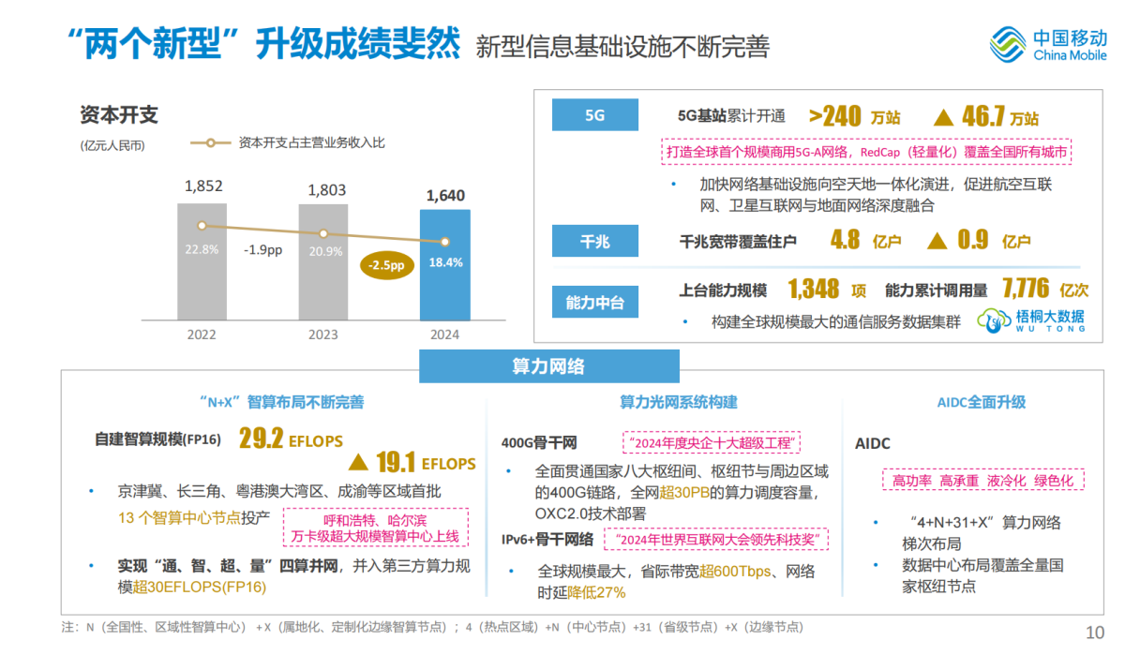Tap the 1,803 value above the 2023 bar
327,190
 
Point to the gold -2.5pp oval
386,266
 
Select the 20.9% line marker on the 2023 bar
323,233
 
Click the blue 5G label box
594,115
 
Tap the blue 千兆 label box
594,241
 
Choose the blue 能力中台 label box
594,303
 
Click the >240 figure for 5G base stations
835,116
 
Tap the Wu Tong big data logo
1031,320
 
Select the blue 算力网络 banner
548,365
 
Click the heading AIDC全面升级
982,402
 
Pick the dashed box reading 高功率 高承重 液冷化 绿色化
982,481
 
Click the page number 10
1095,633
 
